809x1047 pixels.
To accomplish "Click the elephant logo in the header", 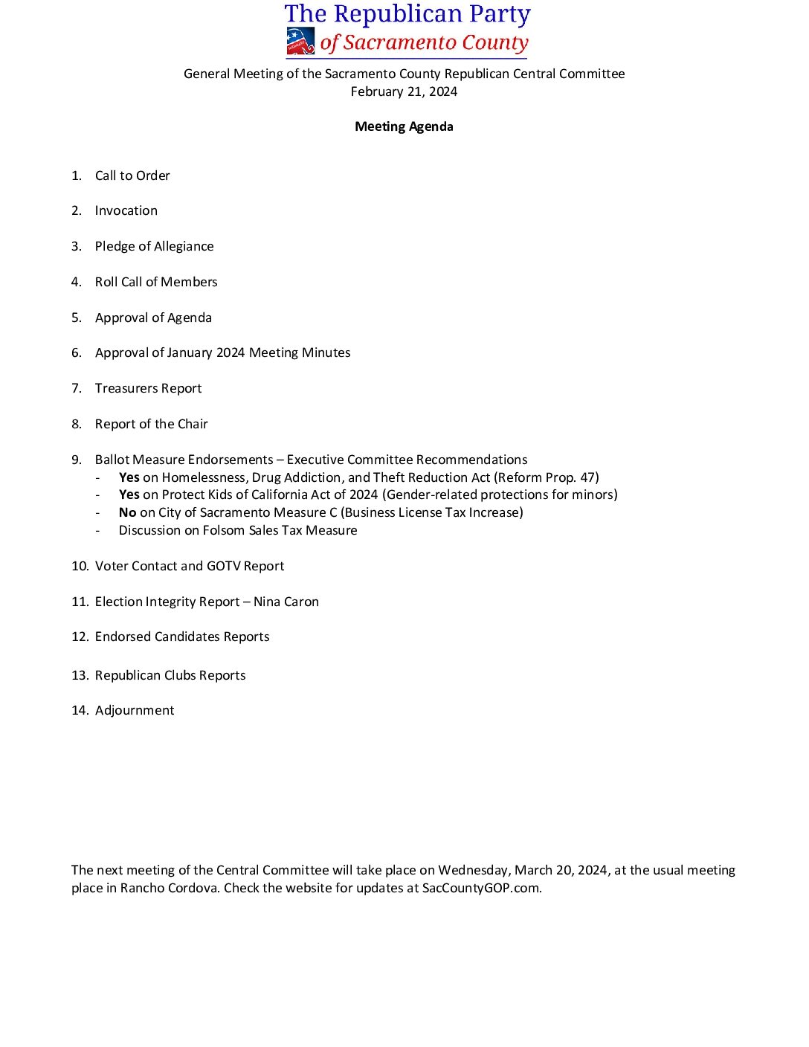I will point(300,42).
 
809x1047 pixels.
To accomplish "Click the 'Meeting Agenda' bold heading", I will point(404,126).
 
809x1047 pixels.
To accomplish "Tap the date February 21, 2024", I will point(404,91).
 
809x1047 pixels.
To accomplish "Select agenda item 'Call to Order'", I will point(132,175).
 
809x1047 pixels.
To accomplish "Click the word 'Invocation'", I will point(126,210).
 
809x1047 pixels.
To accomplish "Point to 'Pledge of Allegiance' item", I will point(154,246).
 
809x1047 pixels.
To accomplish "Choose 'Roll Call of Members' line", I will point(156,282).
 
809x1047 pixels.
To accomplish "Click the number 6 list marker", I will point(76,352).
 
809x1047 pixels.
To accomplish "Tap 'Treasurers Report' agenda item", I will point(148,388).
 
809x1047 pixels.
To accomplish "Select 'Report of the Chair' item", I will point(151,424).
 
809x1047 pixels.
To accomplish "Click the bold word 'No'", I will point(127,512).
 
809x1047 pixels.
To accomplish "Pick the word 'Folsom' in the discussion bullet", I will point(223,530).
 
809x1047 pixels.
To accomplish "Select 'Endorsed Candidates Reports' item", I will point(182,637).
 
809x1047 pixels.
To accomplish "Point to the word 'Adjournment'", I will point(135,710).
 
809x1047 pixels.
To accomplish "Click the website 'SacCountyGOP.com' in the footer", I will point(480,888).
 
